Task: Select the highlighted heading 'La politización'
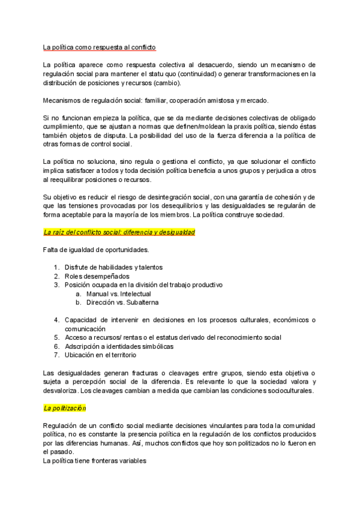[x=65, y=408]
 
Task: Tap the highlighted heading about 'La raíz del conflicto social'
[x=119, y=232]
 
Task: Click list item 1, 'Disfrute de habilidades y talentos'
[x=113, y=267]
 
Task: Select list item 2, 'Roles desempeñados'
[x=97, y=276]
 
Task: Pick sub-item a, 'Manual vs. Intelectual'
[x=118, y=294]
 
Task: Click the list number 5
[x=56, y=337]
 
